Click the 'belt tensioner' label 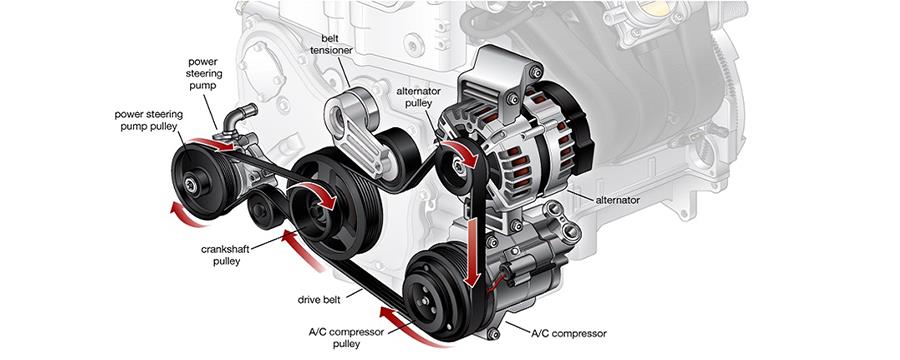(x=331, y=44)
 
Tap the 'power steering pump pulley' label (x=148, y=121)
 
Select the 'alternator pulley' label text (x=418, y=97)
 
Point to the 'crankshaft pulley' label (x=226, y=255)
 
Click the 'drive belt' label (x=319, y=299)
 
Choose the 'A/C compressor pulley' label (x=346, y=338)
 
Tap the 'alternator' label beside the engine (x=618, y=200)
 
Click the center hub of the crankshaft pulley (x=317, y=210)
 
